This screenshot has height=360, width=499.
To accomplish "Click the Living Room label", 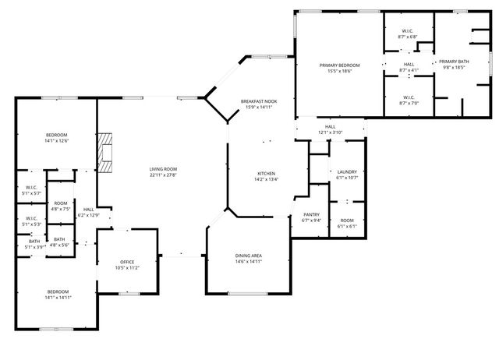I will point(164,169).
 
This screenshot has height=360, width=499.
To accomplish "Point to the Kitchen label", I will point(267,173).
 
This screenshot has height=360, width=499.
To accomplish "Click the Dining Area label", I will point(248,256).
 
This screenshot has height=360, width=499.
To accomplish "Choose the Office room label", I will point(127,262).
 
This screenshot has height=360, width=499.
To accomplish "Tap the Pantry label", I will point(310,215).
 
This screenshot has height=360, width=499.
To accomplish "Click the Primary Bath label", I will point(453,62).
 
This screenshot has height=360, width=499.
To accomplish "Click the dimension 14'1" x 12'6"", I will point(56,141).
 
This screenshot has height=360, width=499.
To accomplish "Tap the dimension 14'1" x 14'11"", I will point(58,297).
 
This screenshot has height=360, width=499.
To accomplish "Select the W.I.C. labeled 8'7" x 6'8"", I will point(407,32).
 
